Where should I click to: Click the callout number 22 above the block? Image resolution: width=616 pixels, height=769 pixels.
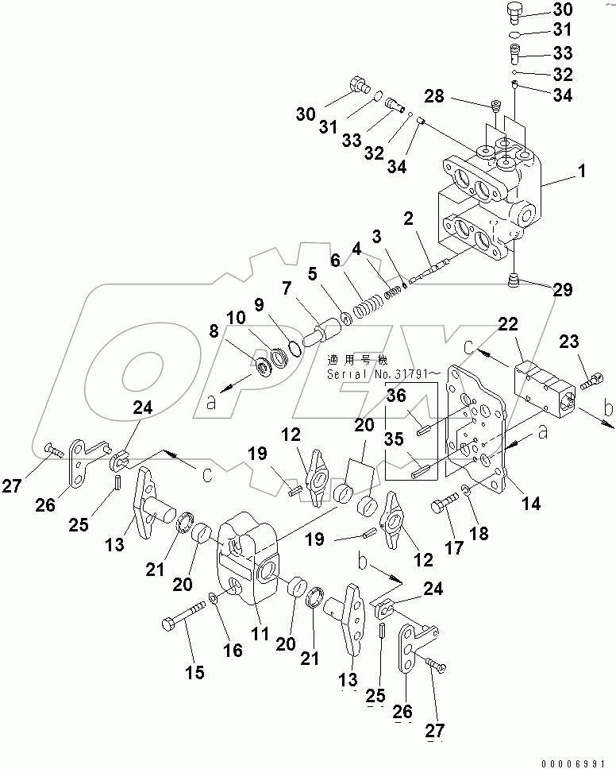[508, 325]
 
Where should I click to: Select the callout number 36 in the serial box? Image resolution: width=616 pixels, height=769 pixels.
[398, 393]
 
